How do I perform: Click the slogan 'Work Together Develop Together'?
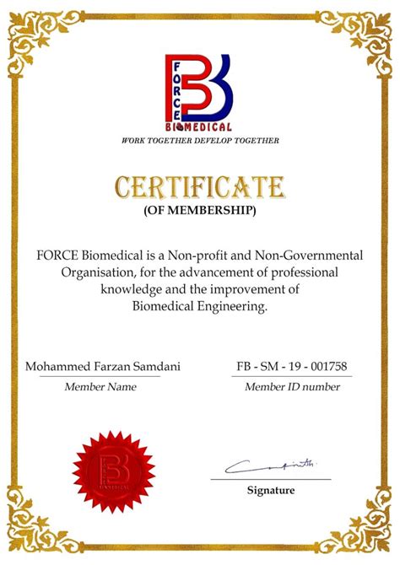tap(200, 140)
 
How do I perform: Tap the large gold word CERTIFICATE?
tap(200, 186)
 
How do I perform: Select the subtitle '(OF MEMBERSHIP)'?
tap(200, 209)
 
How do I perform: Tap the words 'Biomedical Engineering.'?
tap(200, 306)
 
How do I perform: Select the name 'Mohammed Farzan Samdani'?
tap(102, 367)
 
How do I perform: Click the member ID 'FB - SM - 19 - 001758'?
tap(292, 367)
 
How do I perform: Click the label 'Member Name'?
tap(100, 387)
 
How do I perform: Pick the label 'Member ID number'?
tap(292, 387)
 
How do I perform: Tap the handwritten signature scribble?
tap(270, 465)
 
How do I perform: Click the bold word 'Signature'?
tap(271, 490)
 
